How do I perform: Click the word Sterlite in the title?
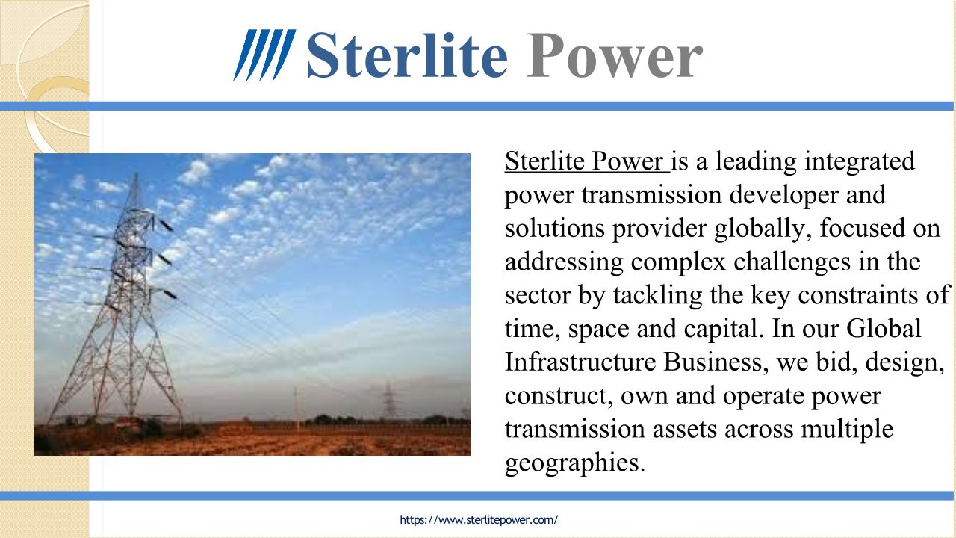pos(407,55)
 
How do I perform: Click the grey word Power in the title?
pos(615,55)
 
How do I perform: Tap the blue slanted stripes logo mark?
pos(264,55)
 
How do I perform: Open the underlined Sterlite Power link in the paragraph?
pos(587,161)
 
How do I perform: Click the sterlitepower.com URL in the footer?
pos(479,519)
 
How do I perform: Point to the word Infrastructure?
pos(580,362)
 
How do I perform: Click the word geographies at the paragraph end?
pos(574,463)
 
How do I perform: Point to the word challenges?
pos(792,262)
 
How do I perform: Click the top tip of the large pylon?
pos(136,173)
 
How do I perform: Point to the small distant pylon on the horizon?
pos(388,400)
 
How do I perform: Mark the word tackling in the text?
pos(658,295)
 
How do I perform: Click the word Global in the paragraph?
pos(884,328)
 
